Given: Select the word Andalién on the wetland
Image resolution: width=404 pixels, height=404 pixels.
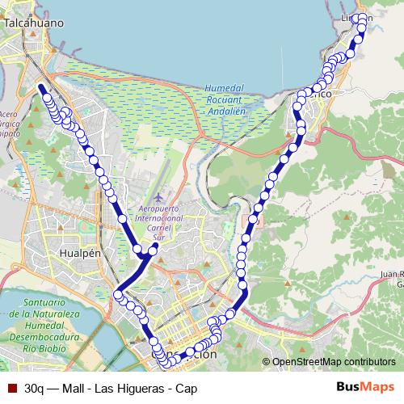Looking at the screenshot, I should (x=226, y=112).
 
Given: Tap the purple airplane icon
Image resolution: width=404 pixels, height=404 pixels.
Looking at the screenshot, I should (x=158, y=197).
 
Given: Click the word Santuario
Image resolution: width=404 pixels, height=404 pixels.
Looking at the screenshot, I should (x=37, y=302).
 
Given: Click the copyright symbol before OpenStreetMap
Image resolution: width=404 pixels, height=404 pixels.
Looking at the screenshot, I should (x=266, y=362).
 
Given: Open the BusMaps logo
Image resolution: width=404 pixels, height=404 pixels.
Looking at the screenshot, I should (x=366, y=387).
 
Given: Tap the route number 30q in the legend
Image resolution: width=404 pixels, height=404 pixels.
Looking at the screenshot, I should (x=35, y=388).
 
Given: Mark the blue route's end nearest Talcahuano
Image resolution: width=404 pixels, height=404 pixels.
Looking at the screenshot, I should (x=40, y=86).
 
